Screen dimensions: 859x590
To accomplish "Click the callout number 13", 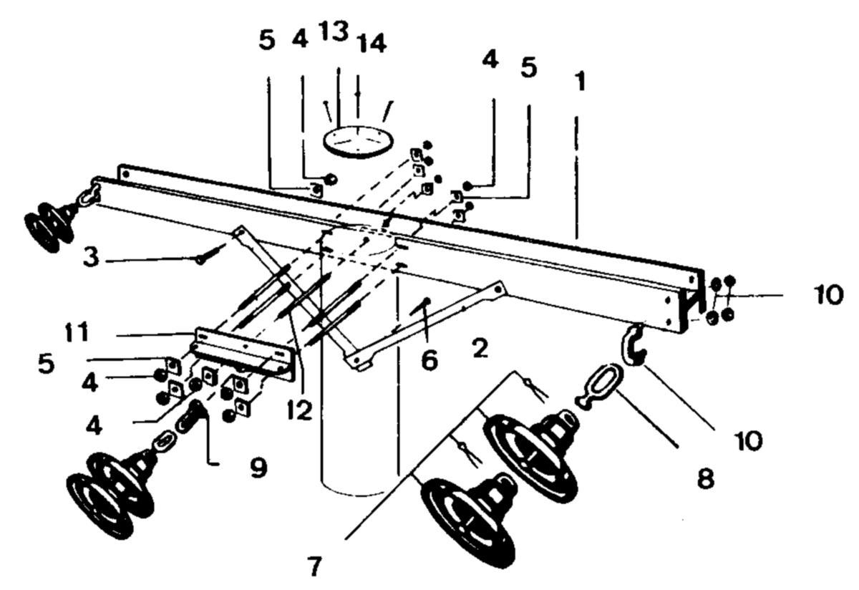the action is coord(334,31).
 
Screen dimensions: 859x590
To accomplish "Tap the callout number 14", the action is coord(371,43).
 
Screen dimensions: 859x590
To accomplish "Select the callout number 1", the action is coord(581,82).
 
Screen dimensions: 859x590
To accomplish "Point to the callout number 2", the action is coord(480,348).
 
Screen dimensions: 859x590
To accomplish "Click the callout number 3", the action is coord(92,257).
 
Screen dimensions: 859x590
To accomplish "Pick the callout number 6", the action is coord(429,361).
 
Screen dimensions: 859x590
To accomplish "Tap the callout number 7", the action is coord(314,566).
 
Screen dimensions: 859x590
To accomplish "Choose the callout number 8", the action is coord(706,479).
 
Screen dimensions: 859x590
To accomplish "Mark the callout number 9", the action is coord(259,468).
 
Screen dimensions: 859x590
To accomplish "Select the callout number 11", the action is coord(77,332).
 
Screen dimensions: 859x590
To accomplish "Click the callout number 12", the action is coord(299,411).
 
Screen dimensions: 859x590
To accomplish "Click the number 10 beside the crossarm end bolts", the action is coord(828,294).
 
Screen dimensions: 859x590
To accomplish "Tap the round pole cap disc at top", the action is coord(358,141).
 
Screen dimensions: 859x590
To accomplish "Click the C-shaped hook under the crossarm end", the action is coord(629,345).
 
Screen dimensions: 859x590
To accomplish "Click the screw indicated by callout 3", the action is coord(211,253).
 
